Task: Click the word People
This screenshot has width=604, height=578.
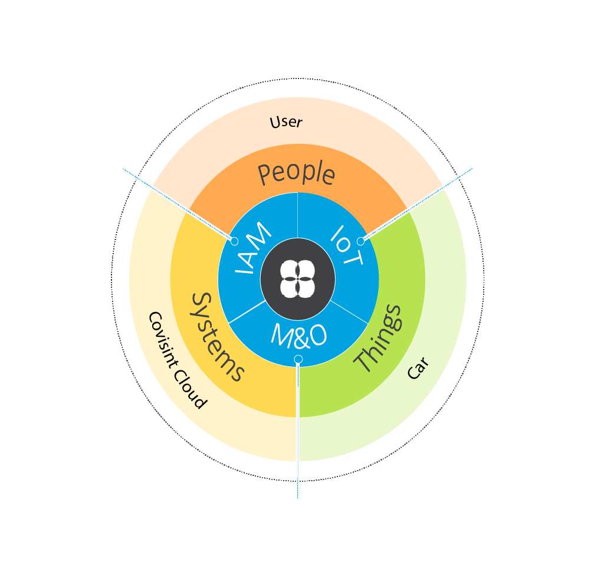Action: pyautogui.click(x=297, y=173)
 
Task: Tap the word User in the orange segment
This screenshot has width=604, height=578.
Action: pyautogui.click(x=286, y=122)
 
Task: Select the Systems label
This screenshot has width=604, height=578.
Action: pyautogui.click(x=216, y=337)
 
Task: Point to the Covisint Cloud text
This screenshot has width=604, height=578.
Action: pyautogui.click(x=177, y=360)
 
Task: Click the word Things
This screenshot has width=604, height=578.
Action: pyautogui.click(x=378, y=339)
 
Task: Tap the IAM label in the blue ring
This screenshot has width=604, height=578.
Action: pyautogui.click(x=253, y=250)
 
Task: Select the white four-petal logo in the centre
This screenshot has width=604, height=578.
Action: pyautogui.click(x=298, y=277)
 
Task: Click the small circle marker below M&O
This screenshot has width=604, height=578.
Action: pyautogui.click(x=298, y=359)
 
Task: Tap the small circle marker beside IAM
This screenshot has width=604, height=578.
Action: pyautogui.click(x=234, y=241)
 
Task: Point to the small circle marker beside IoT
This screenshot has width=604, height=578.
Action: pyautogui.click(x=360, y=241)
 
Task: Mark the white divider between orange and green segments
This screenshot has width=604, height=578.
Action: pyautogui.click(x=407, y=212)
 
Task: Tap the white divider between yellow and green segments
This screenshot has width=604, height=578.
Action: pyautogui.click(x=298, y=413)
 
